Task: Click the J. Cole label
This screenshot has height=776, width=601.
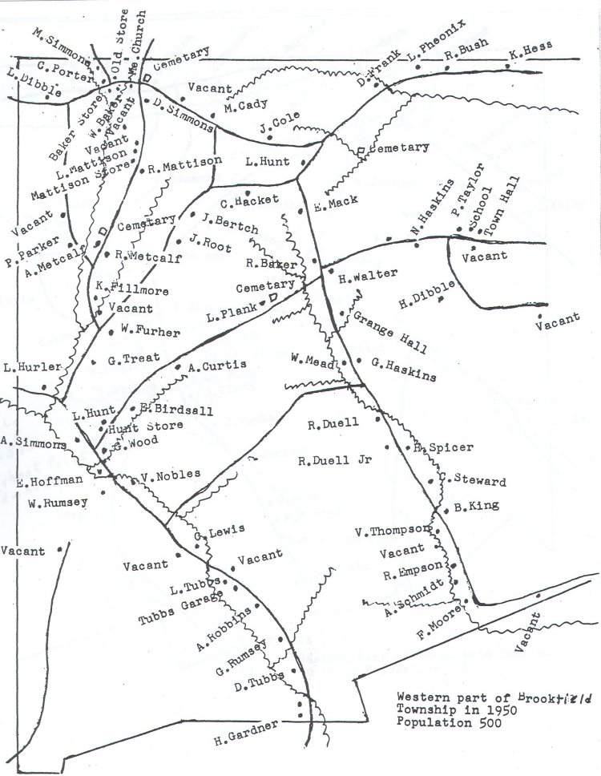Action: tap(279, 123)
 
